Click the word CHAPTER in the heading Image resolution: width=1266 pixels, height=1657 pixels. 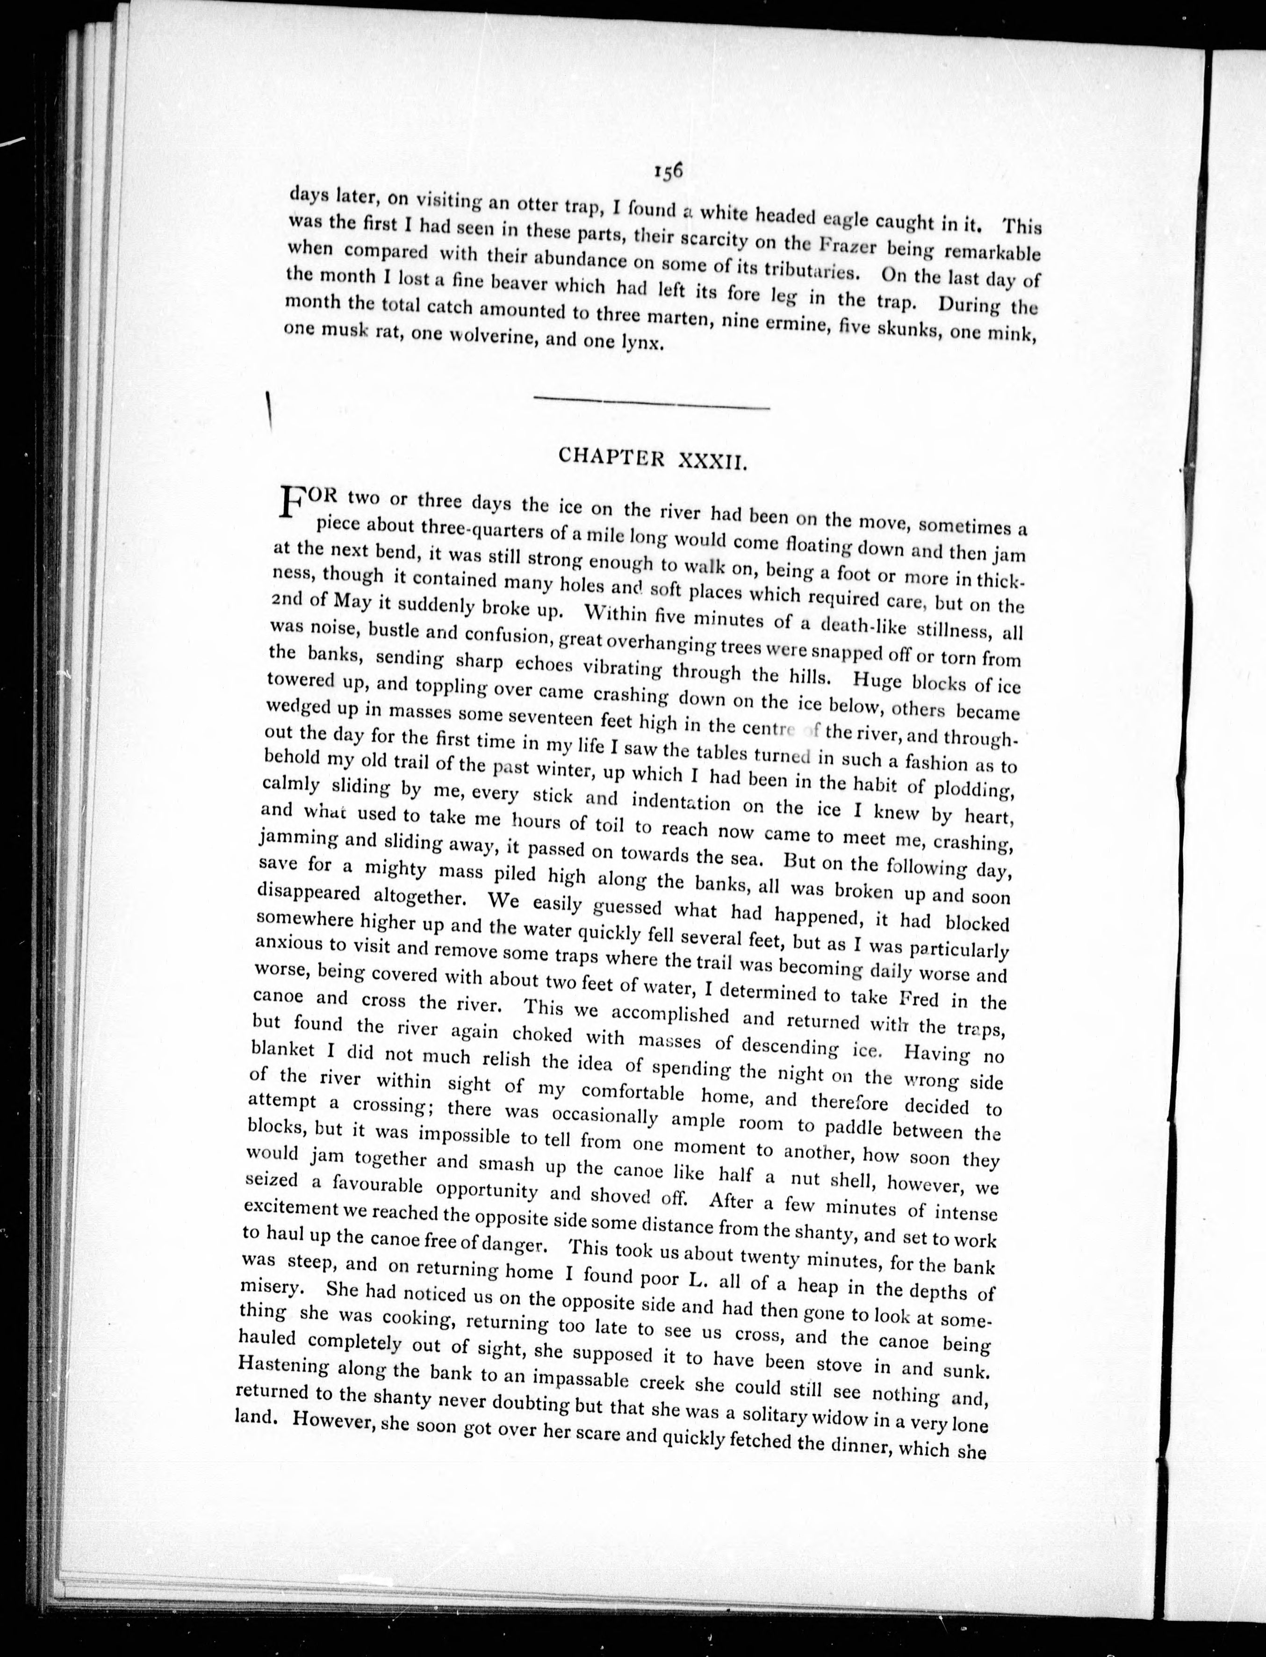(611, 457)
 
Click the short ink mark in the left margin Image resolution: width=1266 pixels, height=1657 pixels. (268, 412)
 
